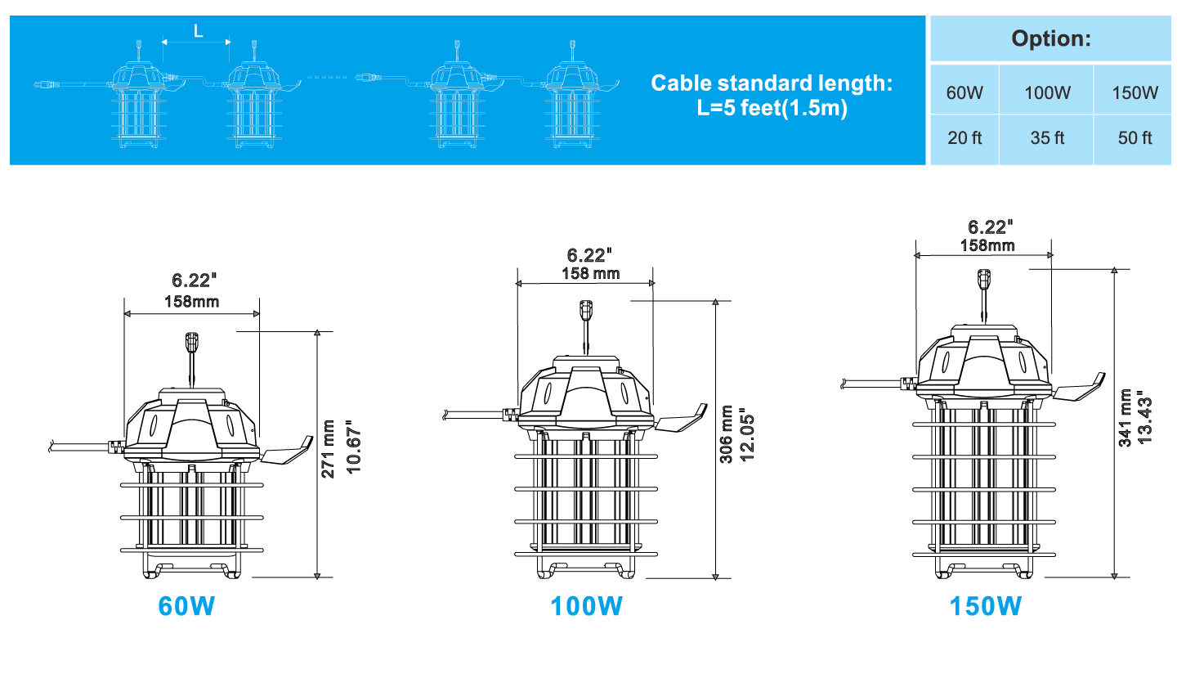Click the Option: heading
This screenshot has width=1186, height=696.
click(1051, 38)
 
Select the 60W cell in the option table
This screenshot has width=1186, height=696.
click(964, 92)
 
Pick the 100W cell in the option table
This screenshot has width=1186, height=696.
click(1047, 92)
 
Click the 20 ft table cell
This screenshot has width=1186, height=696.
click(964, 137)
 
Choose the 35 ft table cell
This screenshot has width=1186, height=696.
click(1047, 137)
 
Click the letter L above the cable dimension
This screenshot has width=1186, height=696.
click(198, 31)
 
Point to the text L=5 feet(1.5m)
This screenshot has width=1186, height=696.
click(772, 108)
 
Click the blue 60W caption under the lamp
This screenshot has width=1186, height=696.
click(186, 606)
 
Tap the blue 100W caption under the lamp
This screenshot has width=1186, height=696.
click(586, 606)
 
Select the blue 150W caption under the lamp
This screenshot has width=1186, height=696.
click(985, 606)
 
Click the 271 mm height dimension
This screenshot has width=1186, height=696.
click(329, 449)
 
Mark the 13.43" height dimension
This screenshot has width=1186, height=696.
click(1144, 418)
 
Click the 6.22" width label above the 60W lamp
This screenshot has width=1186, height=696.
click(194, 280)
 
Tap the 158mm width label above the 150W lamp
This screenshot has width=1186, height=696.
click(987, 245)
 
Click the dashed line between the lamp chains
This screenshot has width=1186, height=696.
click(327, 78)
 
